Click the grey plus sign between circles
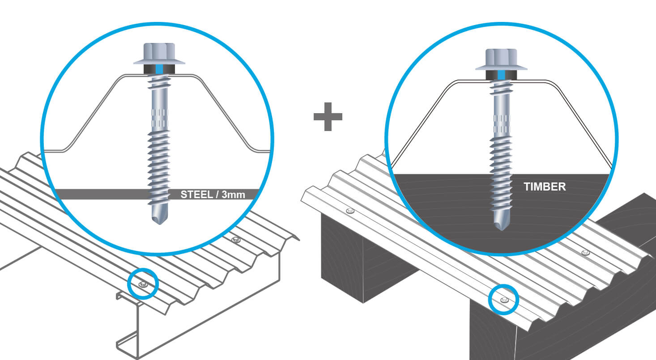pyautogui.click(x=328, y=116)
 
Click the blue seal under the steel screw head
pyautogui.click(x=160, y=69)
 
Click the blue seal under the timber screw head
pyautogui.click(x=501, y=75)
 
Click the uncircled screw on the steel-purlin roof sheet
pyautogui.click(x=237, y=240)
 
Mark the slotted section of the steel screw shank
pyautogui.click(x=160, y=117)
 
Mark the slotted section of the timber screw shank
pyautogui.click(x=501, y=123)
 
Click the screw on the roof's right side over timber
pyautogui.click(x=585, y=253)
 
